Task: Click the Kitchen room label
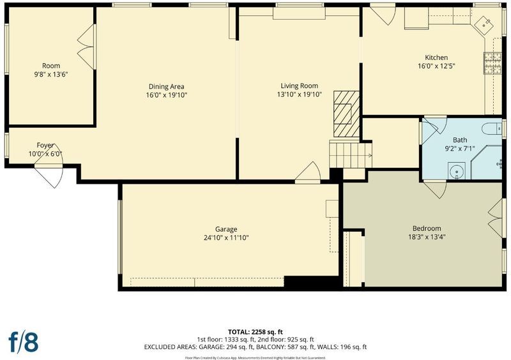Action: (x=436, y=57)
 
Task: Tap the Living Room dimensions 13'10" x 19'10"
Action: (x=299, y=94)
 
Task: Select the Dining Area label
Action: (x=166, y=87)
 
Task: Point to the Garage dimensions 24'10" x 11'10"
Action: (x=226, y=238)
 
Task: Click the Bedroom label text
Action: (x=427, y=229)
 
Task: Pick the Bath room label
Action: (x=460, y=140)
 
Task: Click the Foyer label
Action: (x=45, y=146)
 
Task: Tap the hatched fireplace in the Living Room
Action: (x=346, y=114)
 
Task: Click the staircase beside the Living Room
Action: (x=350, y=154)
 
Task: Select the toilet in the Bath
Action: (x=491, y=129)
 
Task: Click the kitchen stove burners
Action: (x=492, y=64)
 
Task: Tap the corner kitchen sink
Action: (x=484, y=26)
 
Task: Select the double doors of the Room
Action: (x=87, y=47)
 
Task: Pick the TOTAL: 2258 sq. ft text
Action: (x=255, y=333)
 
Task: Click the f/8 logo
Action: (x=24, y=342)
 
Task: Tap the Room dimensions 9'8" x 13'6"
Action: (x=51, y=74)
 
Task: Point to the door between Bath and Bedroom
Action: (x=435, y=189)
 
